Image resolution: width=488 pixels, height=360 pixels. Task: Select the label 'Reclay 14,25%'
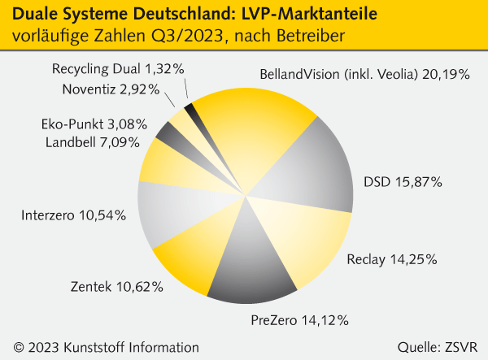pyautogui.click(x=392, y=260)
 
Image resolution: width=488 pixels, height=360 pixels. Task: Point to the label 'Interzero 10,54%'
pyautogui.click(x=72, y=215)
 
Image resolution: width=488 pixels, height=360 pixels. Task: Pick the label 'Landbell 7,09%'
pyautogui.click(x=92, y=142)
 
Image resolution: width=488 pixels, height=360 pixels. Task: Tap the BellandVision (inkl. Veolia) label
pyautogui.click(x=364, y=74)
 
